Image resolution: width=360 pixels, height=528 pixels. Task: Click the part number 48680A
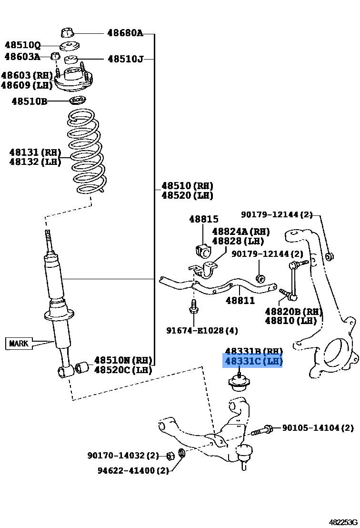click(x=125, y=33)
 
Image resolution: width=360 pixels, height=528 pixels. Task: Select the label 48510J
click(x=125, y=59)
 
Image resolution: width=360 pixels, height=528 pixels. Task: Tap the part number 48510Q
click(x=22, y=46)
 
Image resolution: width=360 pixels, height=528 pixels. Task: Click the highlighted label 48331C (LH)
click(x=253, y=362)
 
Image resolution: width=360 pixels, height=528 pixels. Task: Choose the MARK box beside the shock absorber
click(x=19, y=343)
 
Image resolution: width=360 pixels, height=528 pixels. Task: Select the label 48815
click(x=203, y=219)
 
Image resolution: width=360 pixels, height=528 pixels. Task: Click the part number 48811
click(x=240, y=301)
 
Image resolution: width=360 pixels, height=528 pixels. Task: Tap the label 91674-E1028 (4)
click(x=202, y=330)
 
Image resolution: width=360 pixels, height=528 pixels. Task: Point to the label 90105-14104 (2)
click(x=318, y=428)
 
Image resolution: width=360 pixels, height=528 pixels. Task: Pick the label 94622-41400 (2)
click(x=133, y=470)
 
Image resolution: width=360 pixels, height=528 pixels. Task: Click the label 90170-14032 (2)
click(x=123, y=456)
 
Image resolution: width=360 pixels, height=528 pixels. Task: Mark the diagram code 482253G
click(x=342, y=522)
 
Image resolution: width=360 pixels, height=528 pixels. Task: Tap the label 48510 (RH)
click(x=187, y=186)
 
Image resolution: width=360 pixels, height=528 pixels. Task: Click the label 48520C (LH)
click(x=123, y=370)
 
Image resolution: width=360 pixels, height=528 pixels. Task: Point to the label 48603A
click(x=22, y=57)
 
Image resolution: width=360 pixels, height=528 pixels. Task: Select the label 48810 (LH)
click(x=290, y=321)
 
